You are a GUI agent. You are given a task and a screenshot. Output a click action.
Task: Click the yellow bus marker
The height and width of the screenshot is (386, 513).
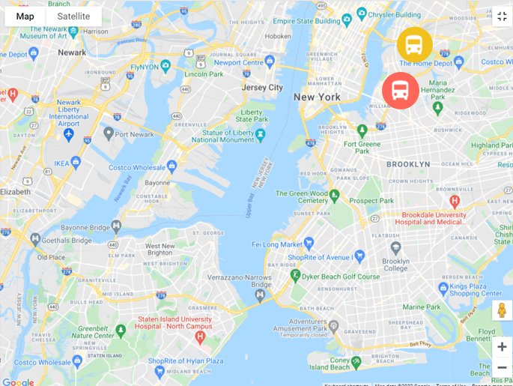pyautogui.click(x=414, y=45)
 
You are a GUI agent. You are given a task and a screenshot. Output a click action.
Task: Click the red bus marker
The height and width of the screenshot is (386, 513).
pyautogui.click(x=401, y=91)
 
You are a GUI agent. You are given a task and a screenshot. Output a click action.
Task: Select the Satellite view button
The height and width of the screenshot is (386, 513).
pyautogui.click(x=73, y=16)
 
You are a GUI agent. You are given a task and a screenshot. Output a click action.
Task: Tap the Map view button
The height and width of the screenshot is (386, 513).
pyautogui.click(x=25, y=16)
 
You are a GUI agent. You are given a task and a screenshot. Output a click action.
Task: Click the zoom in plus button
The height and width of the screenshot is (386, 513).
pyautogui.click(x=502, y=346)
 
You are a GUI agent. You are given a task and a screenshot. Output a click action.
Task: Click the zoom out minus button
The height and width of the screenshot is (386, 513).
pyautogui.click(x=502, y=367)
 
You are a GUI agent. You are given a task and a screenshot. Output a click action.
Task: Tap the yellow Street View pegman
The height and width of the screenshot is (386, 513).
pyautogui.click(x=502, y=310)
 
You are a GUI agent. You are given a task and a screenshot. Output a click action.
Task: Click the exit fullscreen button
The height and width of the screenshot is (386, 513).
pyautogui.click(x=502, y=16)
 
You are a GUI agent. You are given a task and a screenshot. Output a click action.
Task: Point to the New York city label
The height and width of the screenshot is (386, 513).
pyautogui.click(x=317, y=97)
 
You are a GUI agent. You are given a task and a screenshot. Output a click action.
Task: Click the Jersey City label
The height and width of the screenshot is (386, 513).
pyautogui.click(x=262, y=88)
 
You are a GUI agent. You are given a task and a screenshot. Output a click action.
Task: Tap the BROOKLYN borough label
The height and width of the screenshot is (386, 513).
pyautogui.click(x=408, y=164)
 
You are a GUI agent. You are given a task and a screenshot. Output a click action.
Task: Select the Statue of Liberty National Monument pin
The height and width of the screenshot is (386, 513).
pyautogui.click(x=261, y=135)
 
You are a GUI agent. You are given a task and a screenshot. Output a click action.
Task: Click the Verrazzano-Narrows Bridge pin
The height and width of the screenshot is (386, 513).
pyautogui.click(x=260, y=295)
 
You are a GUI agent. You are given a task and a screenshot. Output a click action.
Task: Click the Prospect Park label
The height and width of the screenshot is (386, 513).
pyautogui.click(x=371, y=201)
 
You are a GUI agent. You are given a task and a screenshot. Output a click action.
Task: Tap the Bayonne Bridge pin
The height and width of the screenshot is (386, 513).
pyautogui.click(x=116, y=226)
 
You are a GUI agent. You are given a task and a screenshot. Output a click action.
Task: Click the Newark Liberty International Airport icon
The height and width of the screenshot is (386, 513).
pyautogui.click(x=69, y=134)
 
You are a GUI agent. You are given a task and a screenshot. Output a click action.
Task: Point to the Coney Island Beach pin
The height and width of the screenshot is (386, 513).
pyautogui.click(x=356, y=362)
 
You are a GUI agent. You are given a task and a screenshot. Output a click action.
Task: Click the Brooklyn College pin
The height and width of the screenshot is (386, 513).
pyautogui.click(x=396, y=248)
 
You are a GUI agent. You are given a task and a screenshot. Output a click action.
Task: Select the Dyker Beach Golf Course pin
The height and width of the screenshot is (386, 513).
pyautogui.click(x=295, y=276)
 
